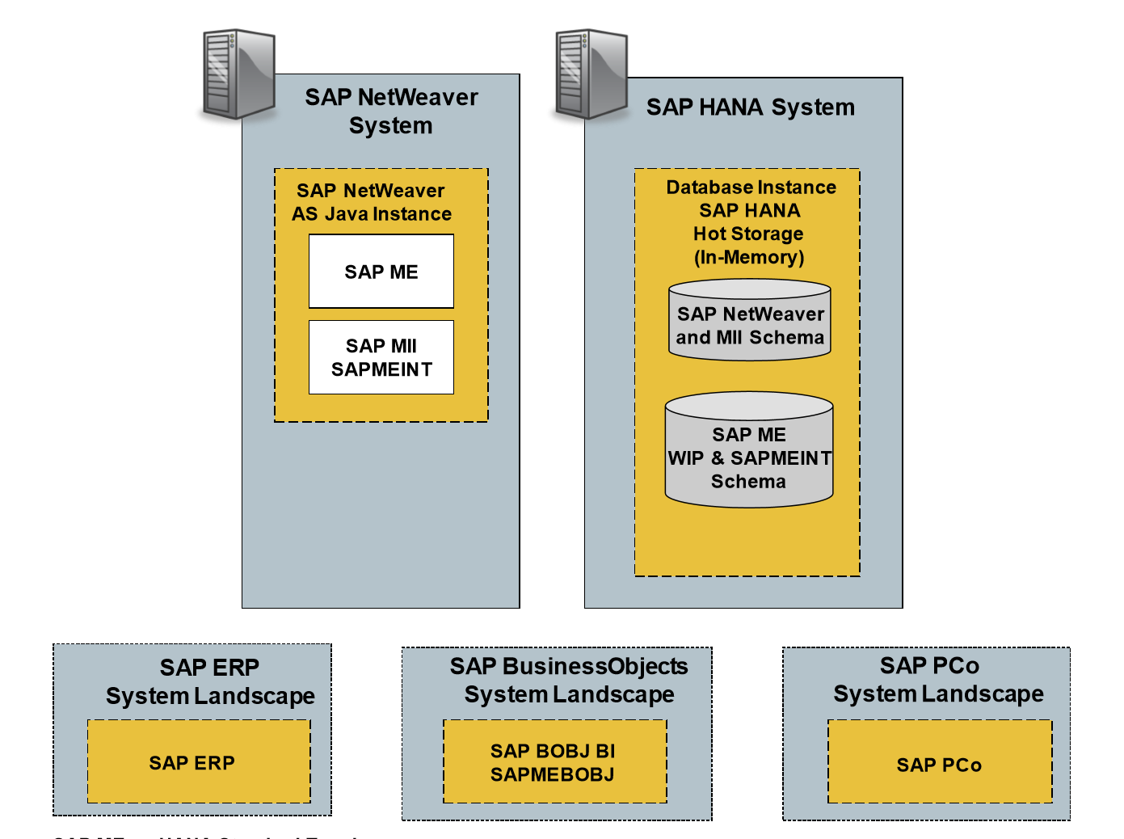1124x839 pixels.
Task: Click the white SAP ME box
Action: pyautogui.click(x=381, y=272)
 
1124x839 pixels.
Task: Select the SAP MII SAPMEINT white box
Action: pyautogui.click(x=381, y=357)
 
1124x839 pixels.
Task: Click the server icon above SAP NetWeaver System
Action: pyautogui.click(x=238, y=74)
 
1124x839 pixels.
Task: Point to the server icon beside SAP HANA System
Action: pyautogui.click(x=591, y=74)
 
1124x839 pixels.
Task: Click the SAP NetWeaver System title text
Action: pyautogui.click(x=391, y=112)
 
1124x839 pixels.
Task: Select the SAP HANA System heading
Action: pyautogui.click(x=750, y=108)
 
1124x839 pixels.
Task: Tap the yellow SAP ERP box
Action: pyautogui.click(x=199, y=762)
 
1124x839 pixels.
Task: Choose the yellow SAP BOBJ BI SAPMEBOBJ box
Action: pyautogui.click(x=554, y=762)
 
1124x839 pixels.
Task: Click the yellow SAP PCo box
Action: pyautogui.click(x=940, y=764)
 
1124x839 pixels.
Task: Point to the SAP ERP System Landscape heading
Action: pyautogui.click(x=210, y=681)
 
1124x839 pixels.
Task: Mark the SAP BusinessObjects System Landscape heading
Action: pyautogui.click(x=569, y=680)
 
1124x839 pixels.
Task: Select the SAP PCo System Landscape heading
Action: pyautogui.click(x=937, y=679)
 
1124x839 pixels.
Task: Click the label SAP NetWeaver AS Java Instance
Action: pyautogui.click(x=371, y=202)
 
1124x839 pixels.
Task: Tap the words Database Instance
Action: pyautogui.click(x=751, y=188)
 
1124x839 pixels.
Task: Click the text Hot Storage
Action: pyautogui.click(x=748, y=234)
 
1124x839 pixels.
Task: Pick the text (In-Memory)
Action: pyautogui.click(x=749, y=258)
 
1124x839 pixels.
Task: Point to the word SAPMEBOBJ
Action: pyautogui.click(x=552, y=774)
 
